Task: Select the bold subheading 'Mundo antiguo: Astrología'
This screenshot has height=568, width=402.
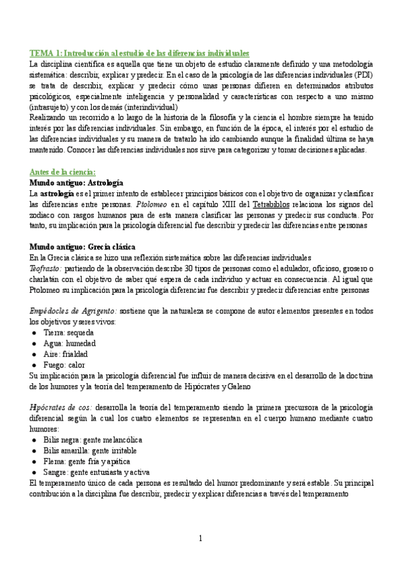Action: tap(76, 182)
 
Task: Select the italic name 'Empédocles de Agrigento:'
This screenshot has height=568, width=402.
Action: tap(74, 311)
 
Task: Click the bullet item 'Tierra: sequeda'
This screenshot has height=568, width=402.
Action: tap(68, 332)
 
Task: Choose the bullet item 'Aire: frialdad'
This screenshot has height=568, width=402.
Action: tap(66, 354)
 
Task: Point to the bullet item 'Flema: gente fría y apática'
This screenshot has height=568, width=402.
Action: tap(87, 461)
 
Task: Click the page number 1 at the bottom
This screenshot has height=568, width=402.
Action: tap(200, 538)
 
